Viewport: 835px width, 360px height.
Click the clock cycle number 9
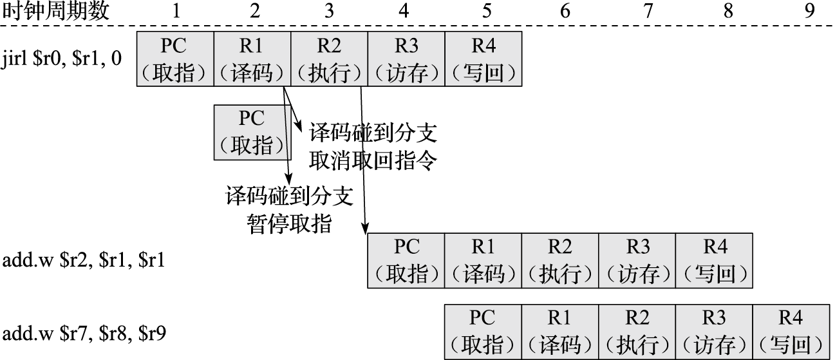tap(809, 11)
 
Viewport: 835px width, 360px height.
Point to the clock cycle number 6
tap(565, 11)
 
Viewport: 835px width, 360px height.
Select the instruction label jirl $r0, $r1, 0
tap(62, 59)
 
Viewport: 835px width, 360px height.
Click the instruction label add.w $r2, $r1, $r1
tap(83, 261)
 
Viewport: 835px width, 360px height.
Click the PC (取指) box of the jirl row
tap(175, 59)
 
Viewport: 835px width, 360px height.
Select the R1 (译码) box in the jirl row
tap(252, 59)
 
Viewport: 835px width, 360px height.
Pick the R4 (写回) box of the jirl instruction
tap(483, 59)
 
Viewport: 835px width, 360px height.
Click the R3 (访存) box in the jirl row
tap(406, 59)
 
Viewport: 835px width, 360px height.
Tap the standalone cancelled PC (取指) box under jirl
tap(252, 132)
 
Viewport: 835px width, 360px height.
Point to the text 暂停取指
tap(289, 223)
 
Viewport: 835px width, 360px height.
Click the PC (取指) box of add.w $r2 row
tap(406, 261)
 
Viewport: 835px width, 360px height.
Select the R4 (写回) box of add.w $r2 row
tap(713, 261)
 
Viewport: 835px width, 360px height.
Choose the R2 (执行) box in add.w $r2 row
tap(559, 261)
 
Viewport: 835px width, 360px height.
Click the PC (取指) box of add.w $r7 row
tap(483, 334)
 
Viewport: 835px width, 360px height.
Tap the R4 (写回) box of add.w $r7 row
tap(791, 334)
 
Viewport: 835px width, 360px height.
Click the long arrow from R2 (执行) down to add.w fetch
tap(363, 161)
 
